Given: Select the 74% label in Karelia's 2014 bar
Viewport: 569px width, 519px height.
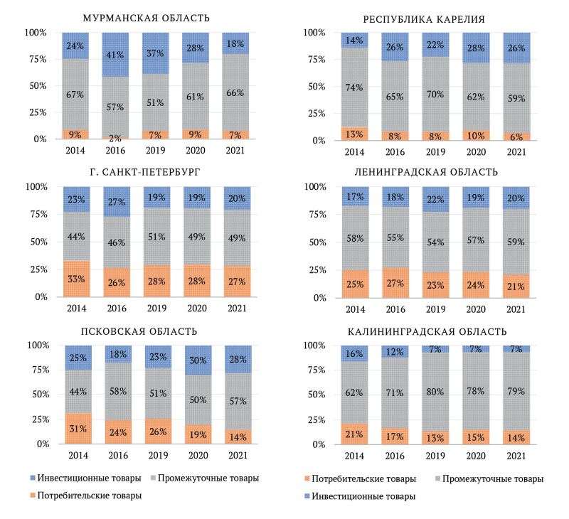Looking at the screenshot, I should [x=354, y=87].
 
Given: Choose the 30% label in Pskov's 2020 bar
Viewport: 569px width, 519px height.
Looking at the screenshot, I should [x=199, y=360].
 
